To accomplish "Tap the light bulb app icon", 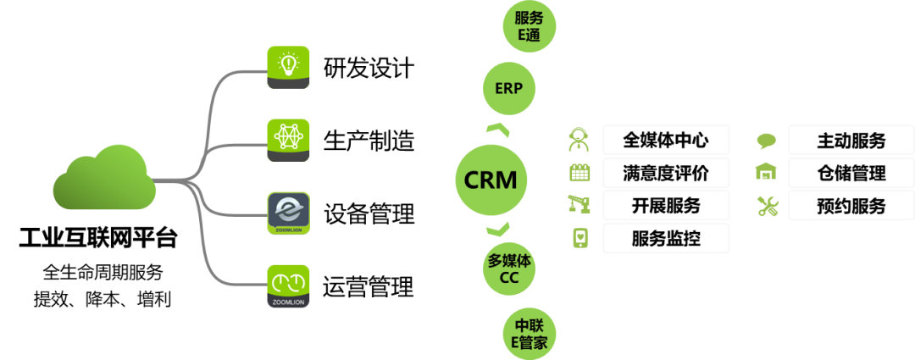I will tap(288, 66).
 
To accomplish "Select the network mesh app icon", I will tap(288, 139).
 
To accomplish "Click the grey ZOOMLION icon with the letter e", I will tap(288, 213).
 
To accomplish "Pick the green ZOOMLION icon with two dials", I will tap(288, 285).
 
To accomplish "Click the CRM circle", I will tap(491, 180).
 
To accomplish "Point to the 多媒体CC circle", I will tap(509, 269).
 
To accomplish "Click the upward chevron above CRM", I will tap(497, 130).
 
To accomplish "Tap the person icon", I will tap(579, 139).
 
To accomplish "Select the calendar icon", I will tap(579, 172).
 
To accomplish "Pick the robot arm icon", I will tap(579, 204).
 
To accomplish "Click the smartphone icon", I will tap(579, 238).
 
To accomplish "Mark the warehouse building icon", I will tap(766, 172).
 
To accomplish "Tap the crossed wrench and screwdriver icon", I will tap(767, 205).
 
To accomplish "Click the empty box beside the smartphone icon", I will tap(666, 238).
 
